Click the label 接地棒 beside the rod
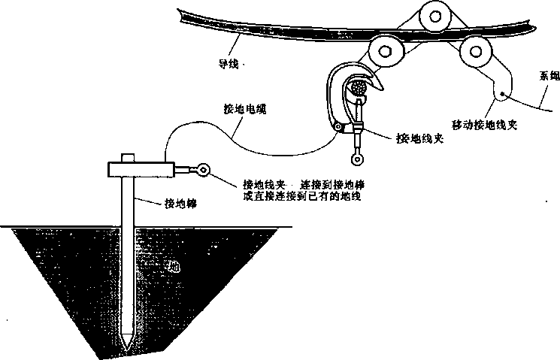point(181,202)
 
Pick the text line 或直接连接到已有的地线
point(299,196)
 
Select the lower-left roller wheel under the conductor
point(386,51)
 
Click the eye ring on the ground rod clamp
point(202,172)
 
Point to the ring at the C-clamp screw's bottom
point(359,158)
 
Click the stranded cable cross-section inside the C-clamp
point(359,89)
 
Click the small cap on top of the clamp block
point(128,158)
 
